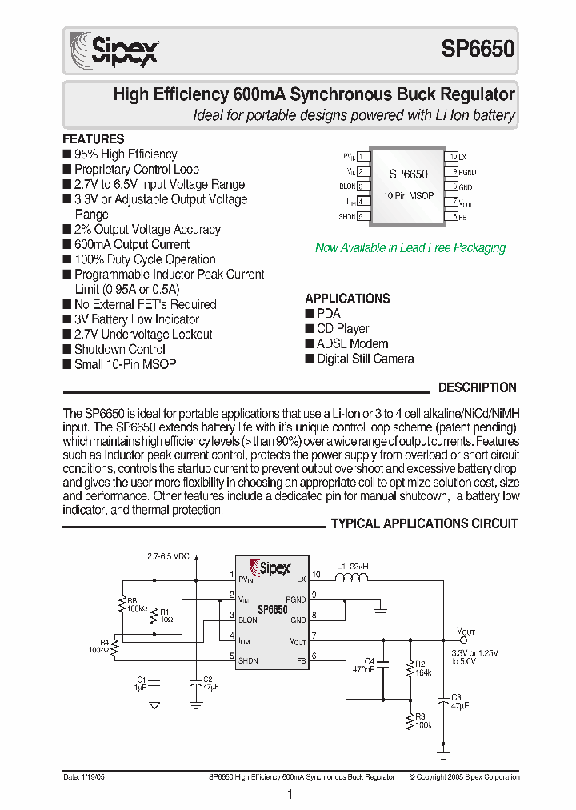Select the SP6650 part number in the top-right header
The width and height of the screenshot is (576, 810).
(x=478, y=50)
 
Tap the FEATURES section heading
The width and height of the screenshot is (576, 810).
(x=94, y=138)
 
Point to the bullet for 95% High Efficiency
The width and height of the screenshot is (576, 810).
(x=67, y=154)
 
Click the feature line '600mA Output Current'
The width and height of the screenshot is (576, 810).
(x=131, y=244)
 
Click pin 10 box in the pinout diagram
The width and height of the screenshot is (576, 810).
(x=453, y=157)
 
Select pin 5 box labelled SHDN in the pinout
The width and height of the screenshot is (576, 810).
(x=362, y=216)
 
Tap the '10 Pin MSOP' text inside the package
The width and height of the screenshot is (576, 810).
(x=408, y=195)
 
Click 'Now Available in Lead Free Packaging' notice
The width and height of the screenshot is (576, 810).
(x=410, y=247)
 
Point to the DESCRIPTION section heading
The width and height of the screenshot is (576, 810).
(x=477, y=387)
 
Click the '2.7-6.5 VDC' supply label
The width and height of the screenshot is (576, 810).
(x=168, y=556)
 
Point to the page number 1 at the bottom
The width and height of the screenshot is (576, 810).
(x=289, y=794)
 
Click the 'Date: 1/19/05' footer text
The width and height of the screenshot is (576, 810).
(x=84, y=777)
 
